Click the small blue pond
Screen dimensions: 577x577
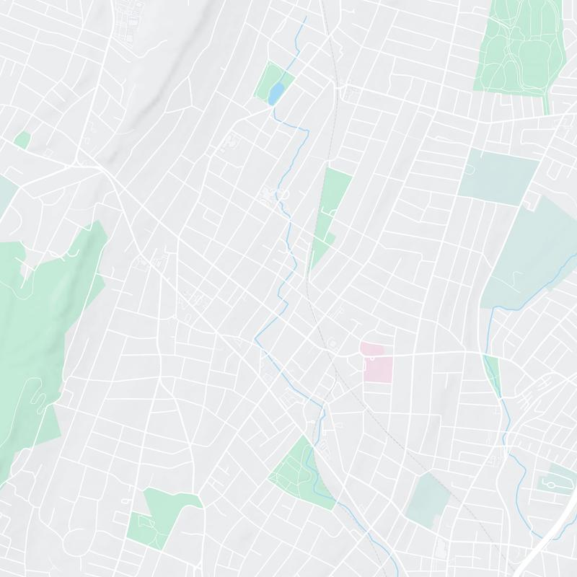tap(276, 94)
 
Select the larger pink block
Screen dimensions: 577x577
tap(377, 369)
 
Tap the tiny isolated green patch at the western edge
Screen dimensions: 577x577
tap(22, 140)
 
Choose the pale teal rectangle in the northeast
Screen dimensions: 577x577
tap(498, 177)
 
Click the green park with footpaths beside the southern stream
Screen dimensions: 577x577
tap(303, 472)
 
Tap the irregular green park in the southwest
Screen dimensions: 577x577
tap(162, 516)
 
